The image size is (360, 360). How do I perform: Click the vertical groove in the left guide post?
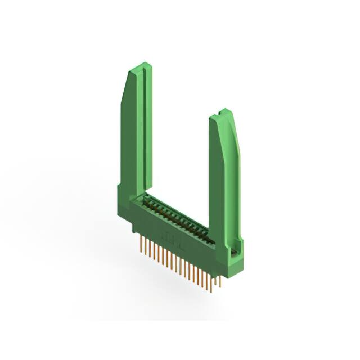tap(143, 124)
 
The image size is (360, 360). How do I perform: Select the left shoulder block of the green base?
tap(124, 202)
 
